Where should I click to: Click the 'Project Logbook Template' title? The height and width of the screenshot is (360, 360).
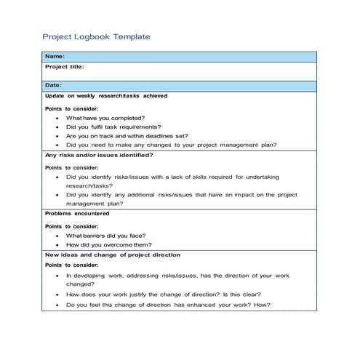tap(96, 36)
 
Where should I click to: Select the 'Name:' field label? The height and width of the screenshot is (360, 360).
tap(55, 57)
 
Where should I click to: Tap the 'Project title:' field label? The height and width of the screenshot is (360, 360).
tap(65, 67)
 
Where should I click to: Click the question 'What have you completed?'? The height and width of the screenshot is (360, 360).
tap(105, 117)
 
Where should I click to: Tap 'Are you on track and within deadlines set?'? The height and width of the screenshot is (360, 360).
tap(127, 135)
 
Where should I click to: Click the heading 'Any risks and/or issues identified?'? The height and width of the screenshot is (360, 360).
tap(99, 155)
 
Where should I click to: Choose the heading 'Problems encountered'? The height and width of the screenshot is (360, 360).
tap(77, 215)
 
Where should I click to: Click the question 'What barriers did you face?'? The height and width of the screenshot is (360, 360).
tap(105, 236)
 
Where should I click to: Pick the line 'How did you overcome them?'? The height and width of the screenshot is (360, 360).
tap(105, 245)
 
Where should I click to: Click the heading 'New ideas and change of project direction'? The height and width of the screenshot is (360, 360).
tap(113, 255)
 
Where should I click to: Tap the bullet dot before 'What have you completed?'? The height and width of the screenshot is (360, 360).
tap(57, 118)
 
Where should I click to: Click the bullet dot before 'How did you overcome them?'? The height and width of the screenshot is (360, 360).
tap(57, 246)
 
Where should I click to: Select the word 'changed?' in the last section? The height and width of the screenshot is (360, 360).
tap(81, 285)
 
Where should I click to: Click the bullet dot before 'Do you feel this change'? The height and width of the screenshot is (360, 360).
tap(57, 305)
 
